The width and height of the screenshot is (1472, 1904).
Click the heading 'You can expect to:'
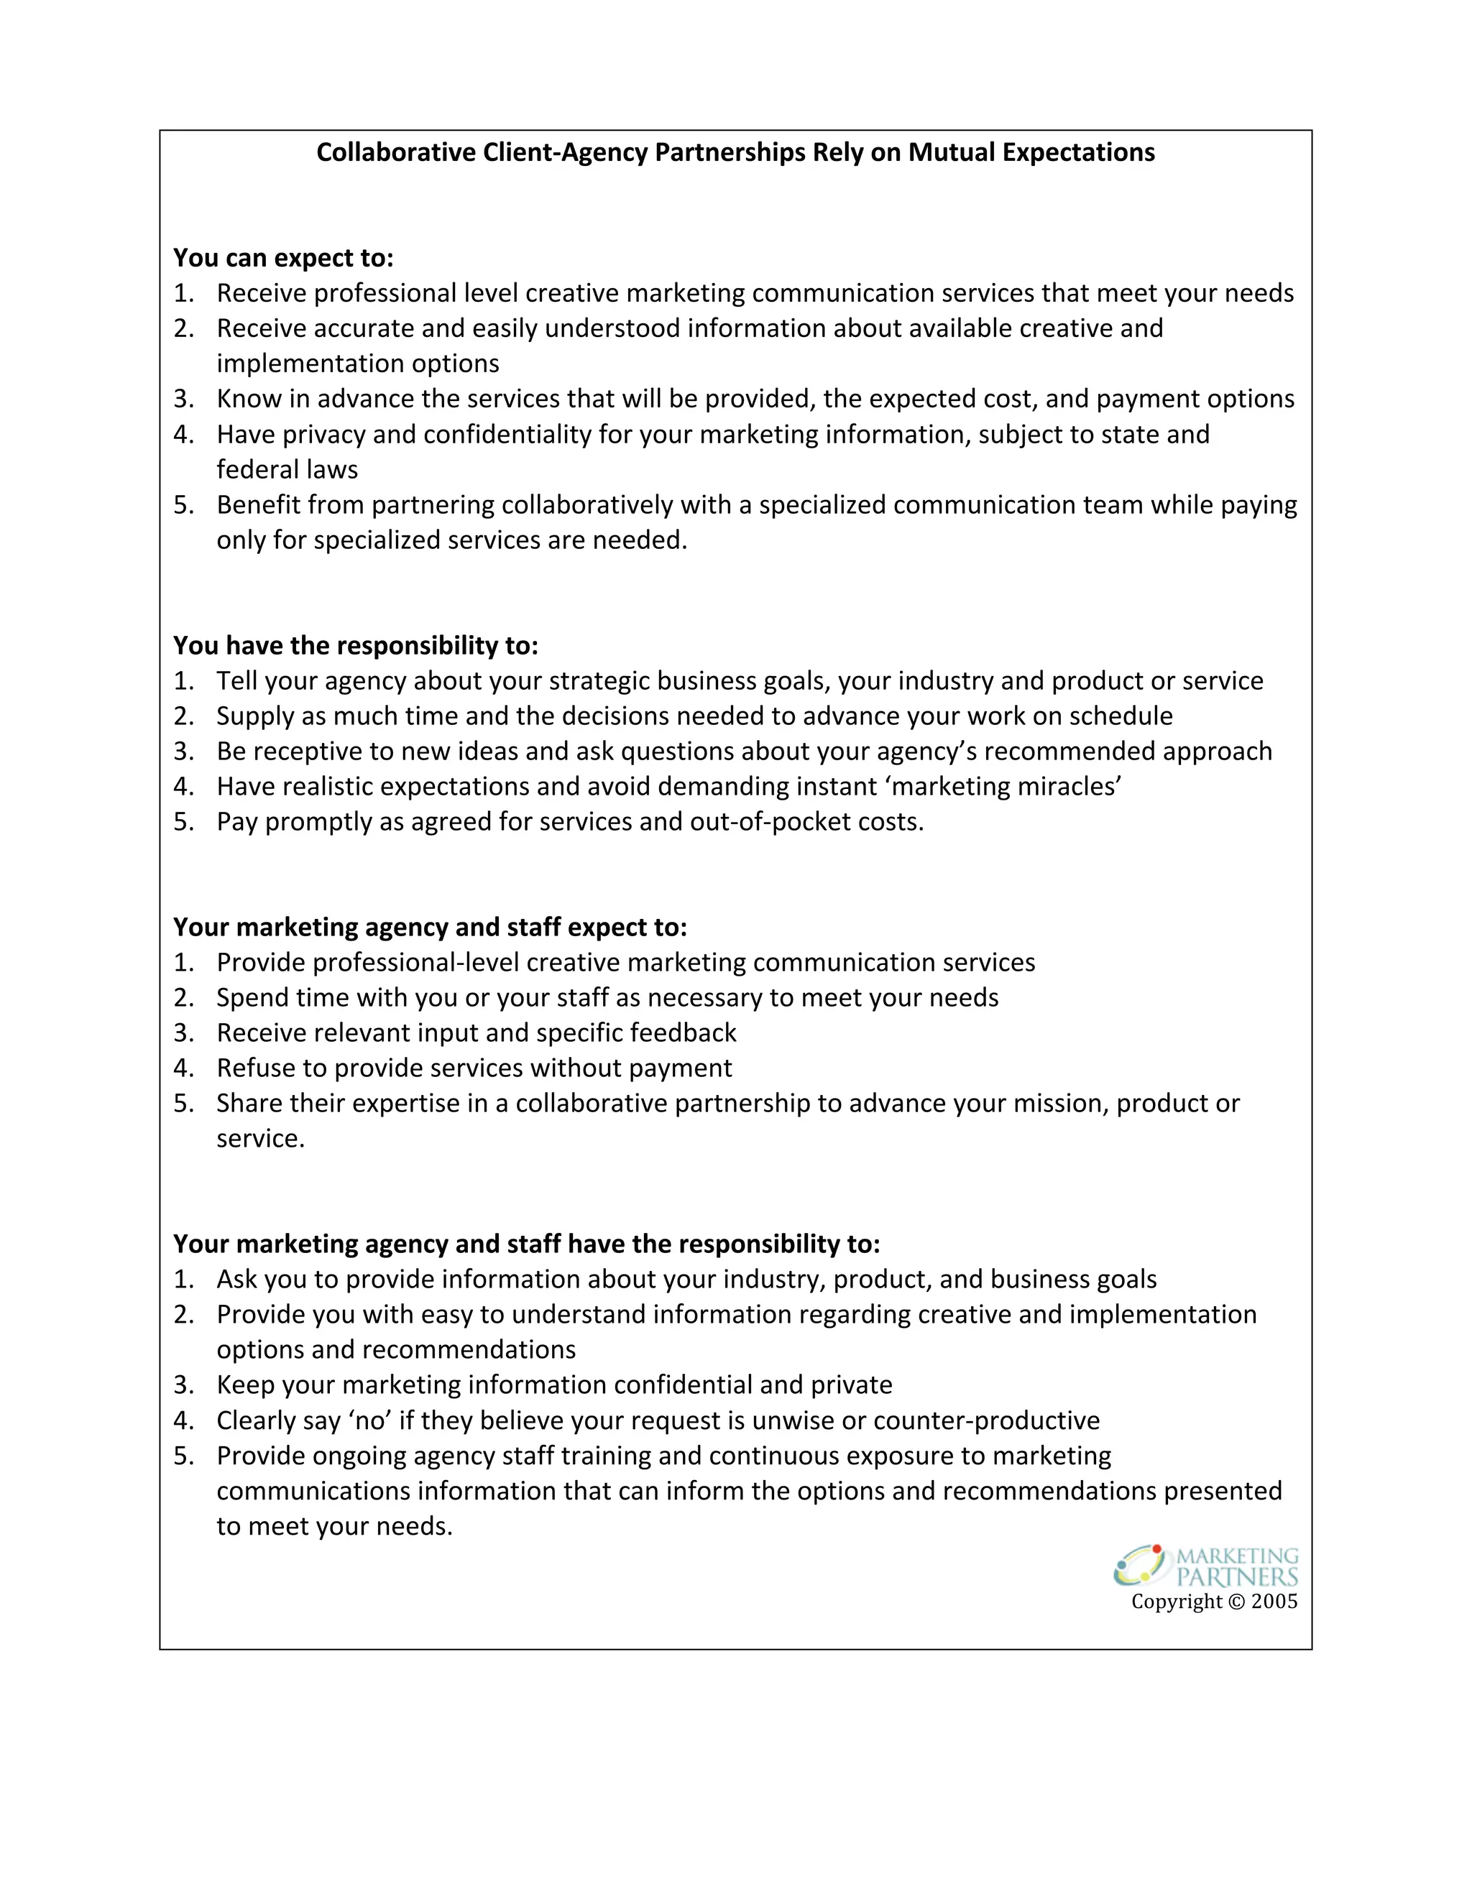[x=283, y=258]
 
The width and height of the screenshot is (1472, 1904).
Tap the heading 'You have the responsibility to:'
[x=356, y=645]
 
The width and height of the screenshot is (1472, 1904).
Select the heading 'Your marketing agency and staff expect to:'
[x=430, y=927]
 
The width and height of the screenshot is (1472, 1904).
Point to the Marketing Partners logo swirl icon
[x=1141, y=1566]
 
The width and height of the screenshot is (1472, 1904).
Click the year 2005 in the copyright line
[x=1274, y=1602]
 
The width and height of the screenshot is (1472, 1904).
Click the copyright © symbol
[x=1236, y=1602]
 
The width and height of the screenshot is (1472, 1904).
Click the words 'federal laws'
[x=287, y=470]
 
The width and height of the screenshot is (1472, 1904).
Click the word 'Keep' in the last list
[x=245, y=1385]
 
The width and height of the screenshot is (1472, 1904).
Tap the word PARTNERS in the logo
[x=1236, y=1577]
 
